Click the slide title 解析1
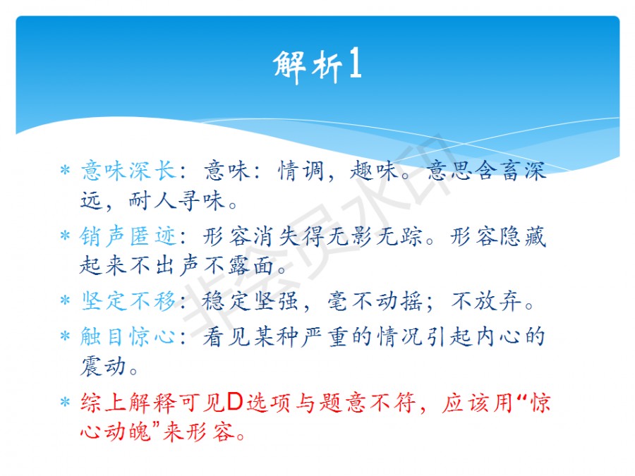[x=317, y=65]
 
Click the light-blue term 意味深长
[x=129, y=171]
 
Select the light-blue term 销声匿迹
[x=128, y=236]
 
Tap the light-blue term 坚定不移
[x=129, y=301]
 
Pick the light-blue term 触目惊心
[x=128, y=336]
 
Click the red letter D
[x=235, y=402]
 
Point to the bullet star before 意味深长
[x=65, y=170]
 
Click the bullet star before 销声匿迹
[x=65, y=236]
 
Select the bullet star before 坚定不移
[x=65, y=300]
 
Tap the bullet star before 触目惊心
[x=65, y=336]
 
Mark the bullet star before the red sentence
[x=65, y=402]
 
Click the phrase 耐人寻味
[x=176, y=200]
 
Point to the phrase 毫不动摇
[x=375, y=301]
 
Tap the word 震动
[x=104, y=366]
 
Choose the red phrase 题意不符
[x=368, y=403]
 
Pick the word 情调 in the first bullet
[x=301, y=171]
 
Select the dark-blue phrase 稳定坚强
[x=250, y=301]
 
